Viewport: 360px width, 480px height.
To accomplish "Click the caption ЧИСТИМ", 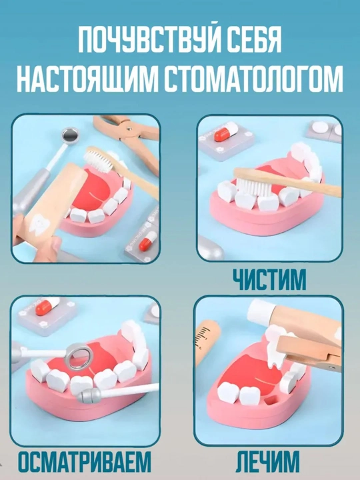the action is [x=269, y=279].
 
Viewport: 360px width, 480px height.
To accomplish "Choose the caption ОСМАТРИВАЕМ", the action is [x=85, y=462].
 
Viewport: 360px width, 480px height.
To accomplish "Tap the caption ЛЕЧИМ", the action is [x=267, y=462].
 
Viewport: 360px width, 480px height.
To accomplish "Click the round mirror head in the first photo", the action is [x=70, y=134].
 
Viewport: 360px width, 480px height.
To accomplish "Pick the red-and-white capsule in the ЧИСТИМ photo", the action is [x=226, y=132].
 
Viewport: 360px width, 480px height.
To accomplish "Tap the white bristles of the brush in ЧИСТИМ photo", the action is [x=252, y=186].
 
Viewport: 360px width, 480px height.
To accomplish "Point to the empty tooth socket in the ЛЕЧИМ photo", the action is [x=271, y=399].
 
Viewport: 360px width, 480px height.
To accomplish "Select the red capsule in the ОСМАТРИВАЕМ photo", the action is [x=47, y=306].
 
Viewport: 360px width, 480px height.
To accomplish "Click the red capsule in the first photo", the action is [x=148, y=241].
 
